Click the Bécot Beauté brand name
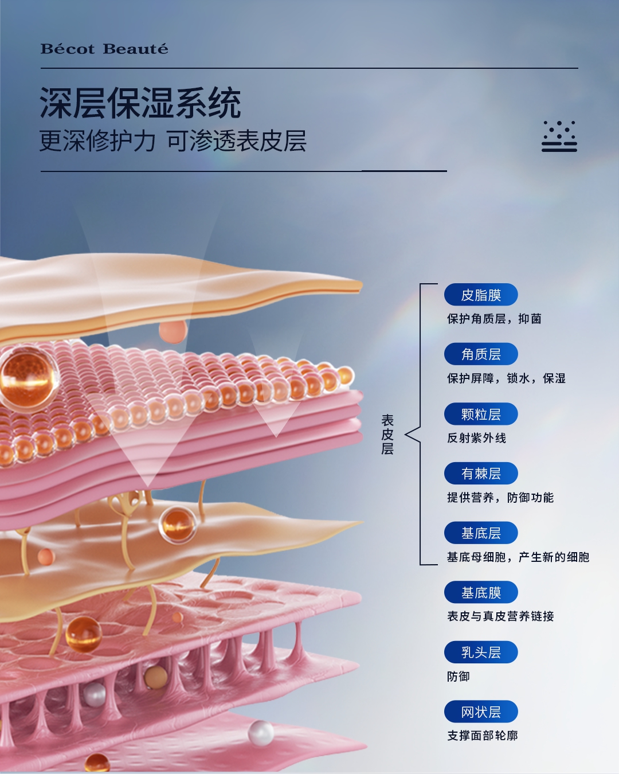pyautogui.click(x=104, y=49)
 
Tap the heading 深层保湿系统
pyautogui.click(x=140, y=103)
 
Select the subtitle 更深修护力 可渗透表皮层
pyautogui.click(x=173, y=141)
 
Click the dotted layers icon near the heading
pyautogui.click(x=559, y=136)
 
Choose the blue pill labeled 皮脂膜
pyautogui.click(x=481, y=295)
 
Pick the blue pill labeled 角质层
pyautogui.click(x=481, y=354)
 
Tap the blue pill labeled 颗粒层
pyautogui.click(x=481, y=414)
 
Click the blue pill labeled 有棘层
pyautogui.click(x=481, y=474)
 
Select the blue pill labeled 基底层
pyautogui.click(x=481, y=533)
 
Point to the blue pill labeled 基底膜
pyautogui.click(x=481, y=592)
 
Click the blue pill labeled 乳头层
pyautogui.click(x=481, y=652)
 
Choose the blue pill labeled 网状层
pyautogui.click(x=481, y=712)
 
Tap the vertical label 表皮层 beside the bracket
pyautogui.click(x=387, y=435)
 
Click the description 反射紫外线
pyautogui.click(x=476, y=438)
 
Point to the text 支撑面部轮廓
pyautogui.click(x=482, y=736)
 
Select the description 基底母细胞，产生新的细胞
pyautogui.click(x=518, y=557)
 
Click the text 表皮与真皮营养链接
pyautogui.click(x=500, y=616)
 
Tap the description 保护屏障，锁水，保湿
pyautogui.click(x=506, y=378)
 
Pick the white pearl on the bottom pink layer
pyautogui.click(x=261, y=732)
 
